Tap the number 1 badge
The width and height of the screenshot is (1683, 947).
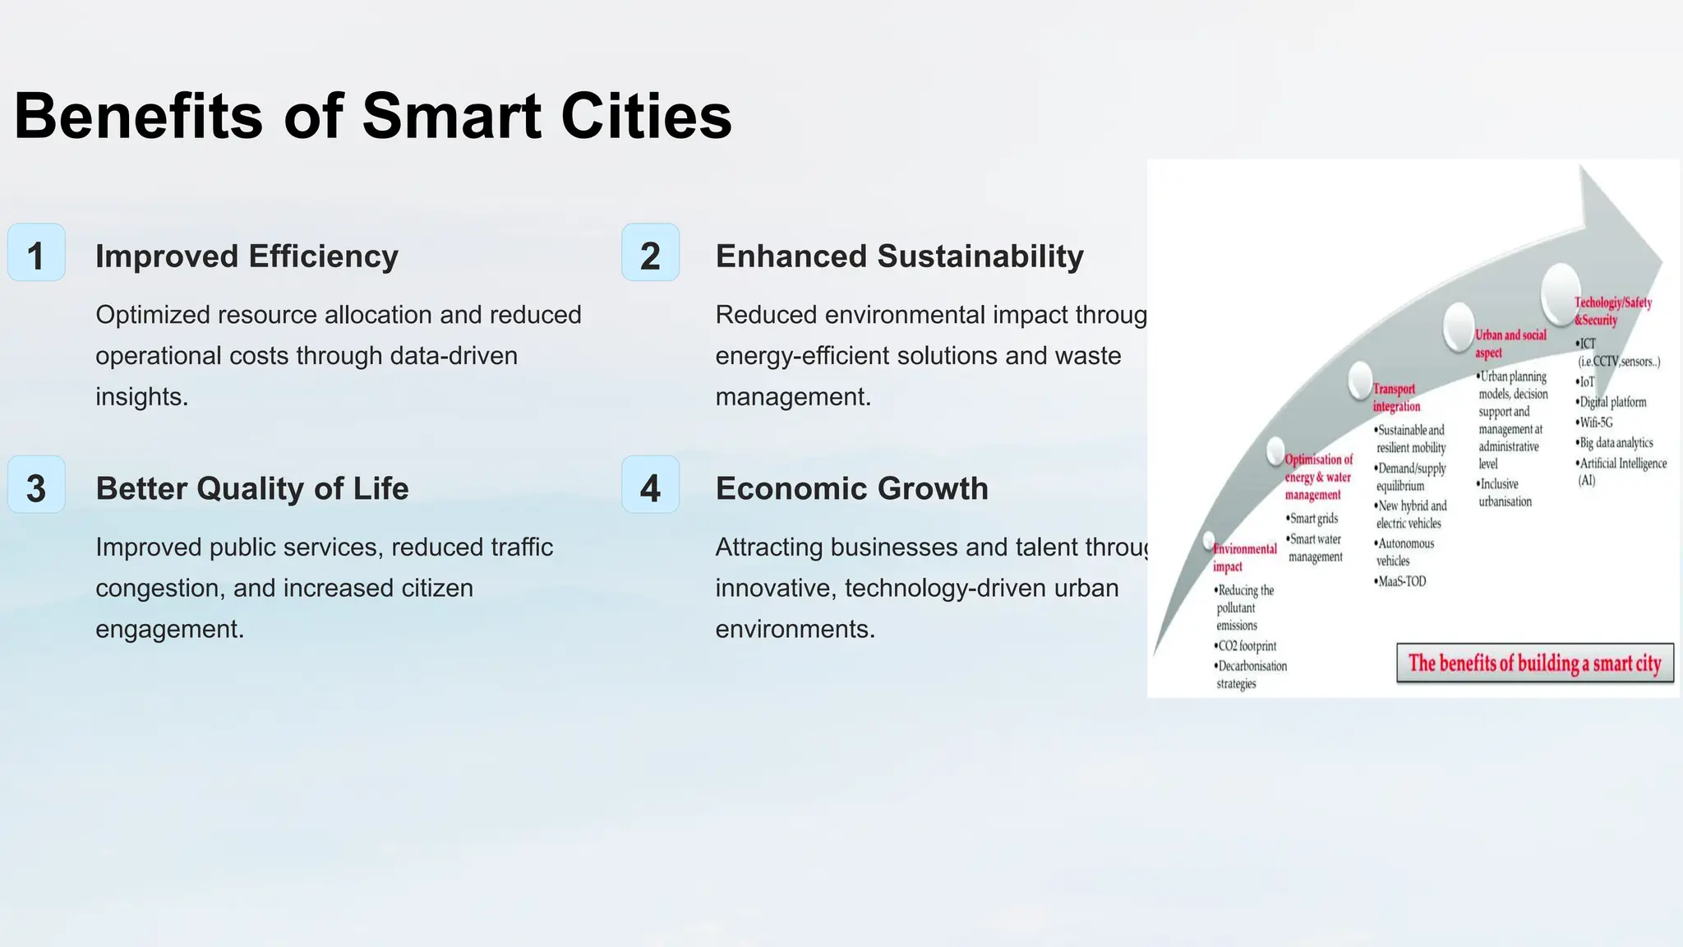click(x=36, y=253)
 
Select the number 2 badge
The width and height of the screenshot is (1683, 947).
click(x=650, y=253)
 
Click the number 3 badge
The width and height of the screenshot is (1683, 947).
click(x=36, y=486)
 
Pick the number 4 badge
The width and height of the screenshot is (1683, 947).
click(x=650, y=486)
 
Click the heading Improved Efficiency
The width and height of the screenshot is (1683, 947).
click(x=247, y=256)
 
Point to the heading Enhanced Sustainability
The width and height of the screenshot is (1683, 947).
click(x=899, y=256)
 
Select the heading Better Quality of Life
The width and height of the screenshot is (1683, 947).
click(x=251, y=489)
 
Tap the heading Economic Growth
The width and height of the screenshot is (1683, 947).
click(x=851, y=489)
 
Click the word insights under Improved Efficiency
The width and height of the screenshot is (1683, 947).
click(x=141, y=397)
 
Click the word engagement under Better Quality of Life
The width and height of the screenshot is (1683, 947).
click(x=169, y=630)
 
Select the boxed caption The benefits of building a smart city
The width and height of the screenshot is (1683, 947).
click(x=1534, y=663)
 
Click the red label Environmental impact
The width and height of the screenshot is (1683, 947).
click(x=1244, y=557)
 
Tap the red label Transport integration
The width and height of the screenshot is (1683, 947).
click(x=1395, y=398)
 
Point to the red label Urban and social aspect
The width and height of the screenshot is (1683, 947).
click(x=1510, y=344)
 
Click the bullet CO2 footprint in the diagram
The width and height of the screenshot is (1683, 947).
click(x=1247, y=646)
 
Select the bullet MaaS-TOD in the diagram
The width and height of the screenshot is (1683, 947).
click(x=1402, y=581)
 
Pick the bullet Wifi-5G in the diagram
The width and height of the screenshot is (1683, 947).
click(x=1595, y=423)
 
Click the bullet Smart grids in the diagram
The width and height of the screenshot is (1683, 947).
click(x=1313, y=519)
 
